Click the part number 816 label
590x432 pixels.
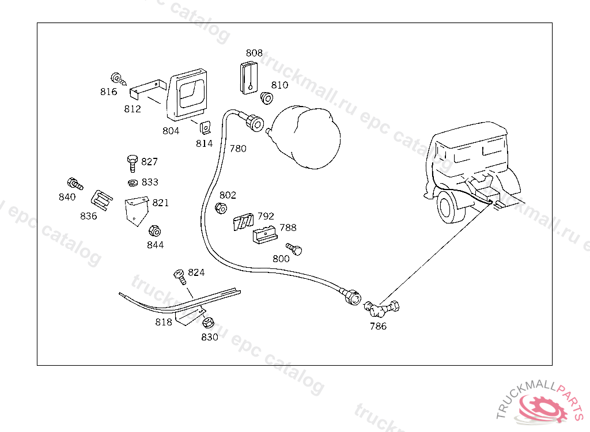click(108, 92)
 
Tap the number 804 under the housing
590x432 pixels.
click(171, 131)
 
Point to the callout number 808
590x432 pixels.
click(254, 53)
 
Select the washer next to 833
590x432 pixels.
click(133, 183)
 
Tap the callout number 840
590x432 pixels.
click(67, 197)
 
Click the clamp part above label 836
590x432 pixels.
click(101, 200)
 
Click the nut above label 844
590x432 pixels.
click(154, 231)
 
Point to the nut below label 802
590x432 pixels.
click(220, 208)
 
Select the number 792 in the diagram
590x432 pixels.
click(266, 216)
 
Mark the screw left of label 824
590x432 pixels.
click(179, 276)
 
